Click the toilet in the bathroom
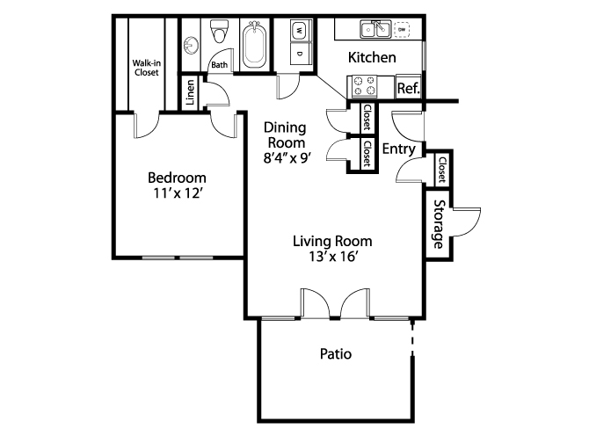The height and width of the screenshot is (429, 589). [x=220, y=31]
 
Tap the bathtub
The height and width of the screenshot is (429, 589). [x=254, y=45]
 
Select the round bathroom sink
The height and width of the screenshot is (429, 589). [x=191, y=46]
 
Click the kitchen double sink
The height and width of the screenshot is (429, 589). [x=375, y=29]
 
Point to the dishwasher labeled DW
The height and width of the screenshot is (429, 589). [x=402, y=29]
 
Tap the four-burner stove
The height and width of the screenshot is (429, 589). [x=364, y=86]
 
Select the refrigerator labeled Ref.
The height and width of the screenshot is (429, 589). [x=408, y=88]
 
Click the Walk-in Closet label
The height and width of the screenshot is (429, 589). [x=146, y=68]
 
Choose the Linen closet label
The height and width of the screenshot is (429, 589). [x=191, y=92]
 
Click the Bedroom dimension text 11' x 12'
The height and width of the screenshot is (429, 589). [x=178, y=193]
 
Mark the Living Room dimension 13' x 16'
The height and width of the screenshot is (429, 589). [x=332, y=257]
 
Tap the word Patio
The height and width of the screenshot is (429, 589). [x=336, y=354]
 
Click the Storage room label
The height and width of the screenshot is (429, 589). [x=439, y=224]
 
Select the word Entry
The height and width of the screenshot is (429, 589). [x=399, y=149]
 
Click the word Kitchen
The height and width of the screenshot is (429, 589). [x=372, y=57]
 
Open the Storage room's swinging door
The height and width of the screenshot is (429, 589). [x=467, y=222]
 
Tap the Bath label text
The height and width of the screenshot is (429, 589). [x=220, y=65]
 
